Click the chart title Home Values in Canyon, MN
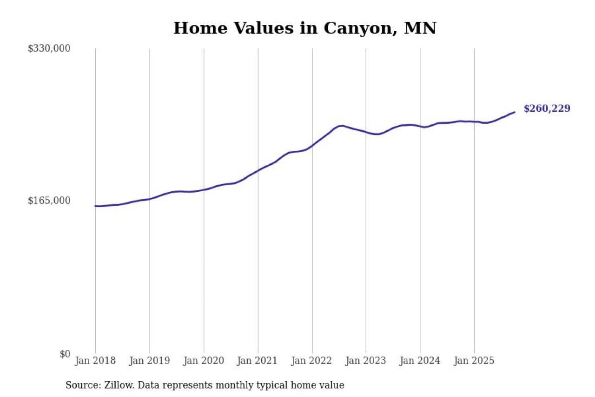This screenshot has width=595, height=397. click(x=304, y=28)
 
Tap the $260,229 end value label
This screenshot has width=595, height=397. click(x=547, y=109)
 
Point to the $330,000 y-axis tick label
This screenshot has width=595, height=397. click(x=49, y=48)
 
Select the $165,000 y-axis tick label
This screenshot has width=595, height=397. click(x=49, y=201)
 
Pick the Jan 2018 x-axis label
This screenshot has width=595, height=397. click(x=95, y=361)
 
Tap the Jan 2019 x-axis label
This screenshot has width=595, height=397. click(x=149, y=361)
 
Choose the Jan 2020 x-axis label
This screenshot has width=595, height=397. click(x=204, y=361)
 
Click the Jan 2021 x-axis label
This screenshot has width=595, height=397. click(x=258, y=361)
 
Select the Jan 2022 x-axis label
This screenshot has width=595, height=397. click(x=312, y=361)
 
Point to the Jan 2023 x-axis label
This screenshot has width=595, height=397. click(x=366, y=361)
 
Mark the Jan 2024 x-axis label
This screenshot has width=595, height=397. click(x=420, y=361)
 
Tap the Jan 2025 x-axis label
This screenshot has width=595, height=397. click(x=474, y=361)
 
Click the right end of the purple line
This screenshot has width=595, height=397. click(x=514, y=112)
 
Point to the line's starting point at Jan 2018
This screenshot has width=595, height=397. click(x=96, y=206)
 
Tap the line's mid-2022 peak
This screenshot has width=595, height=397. click(x=342, y=126)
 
